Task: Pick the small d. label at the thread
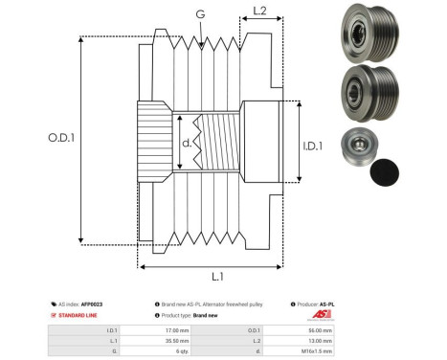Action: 187,146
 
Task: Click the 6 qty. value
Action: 172,351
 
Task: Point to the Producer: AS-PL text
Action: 320,304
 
